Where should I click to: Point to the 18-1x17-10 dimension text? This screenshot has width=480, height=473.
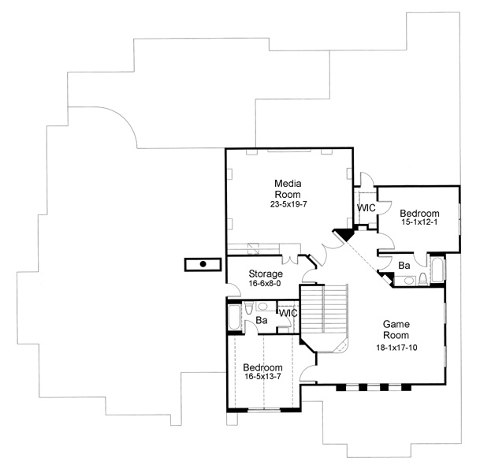(396, 345)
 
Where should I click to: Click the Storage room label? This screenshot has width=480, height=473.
(244, 274)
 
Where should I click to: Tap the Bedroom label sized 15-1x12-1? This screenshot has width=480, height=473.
(420, 213)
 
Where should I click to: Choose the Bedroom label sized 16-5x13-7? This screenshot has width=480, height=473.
(262, 367)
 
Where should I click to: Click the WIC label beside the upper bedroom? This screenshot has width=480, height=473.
(367, 208)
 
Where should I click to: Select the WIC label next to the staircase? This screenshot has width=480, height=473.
(288, 313)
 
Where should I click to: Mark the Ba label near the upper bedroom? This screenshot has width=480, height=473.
(403, 266)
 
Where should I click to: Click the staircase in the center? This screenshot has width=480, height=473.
(326, 310)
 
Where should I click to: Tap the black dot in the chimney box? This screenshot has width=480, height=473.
(203, 264)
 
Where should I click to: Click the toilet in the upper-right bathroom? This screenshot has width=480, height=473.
(422, 277)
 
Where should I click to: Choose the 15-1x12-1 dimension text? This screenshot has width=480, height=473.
(420, 223)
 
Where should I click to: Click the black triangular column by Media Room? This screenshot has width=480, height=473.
(344, 234)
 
